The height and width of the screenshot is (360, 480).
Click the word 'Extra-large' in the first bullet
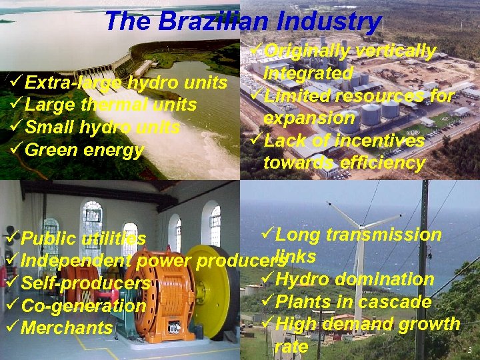point(73,83)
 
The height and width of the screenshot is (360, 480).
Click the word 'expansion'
point(309,118)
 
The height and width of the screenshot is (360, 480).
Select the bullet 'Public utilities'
point(83,238)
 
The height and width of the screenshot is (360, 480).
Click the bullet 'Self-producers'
point(85,283)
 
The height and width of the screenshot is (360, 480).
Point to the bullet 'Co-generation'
point(83,306)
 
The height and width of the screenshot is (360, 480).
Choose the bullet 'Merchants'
point(67,328)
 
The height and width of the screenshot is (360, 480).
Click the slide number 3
point(469,350)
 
